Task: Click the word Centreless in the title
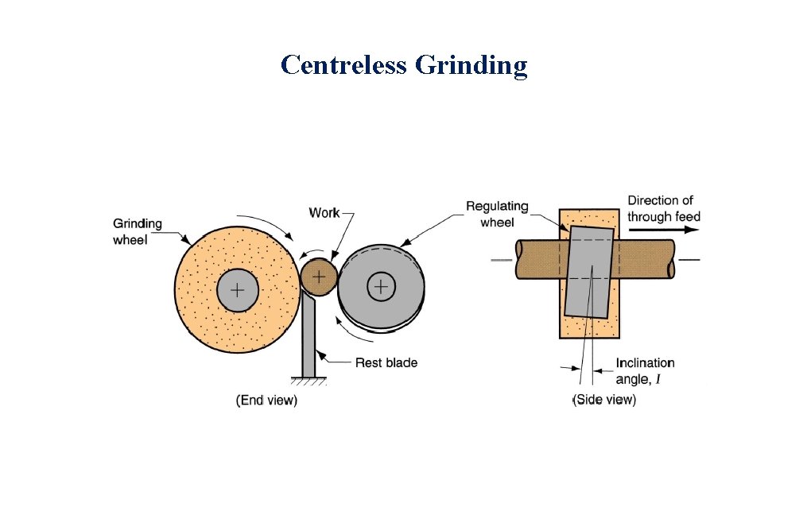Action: click(343, 64)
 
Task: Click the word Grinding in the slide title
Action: click(471, 66)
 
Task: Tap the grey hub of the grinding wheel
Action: click(237, 290)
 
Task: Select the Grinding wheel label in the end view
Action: click(137, 230)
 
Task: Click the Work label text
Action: click(324, 212)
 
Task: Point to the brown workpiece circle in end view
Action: click(318, 277)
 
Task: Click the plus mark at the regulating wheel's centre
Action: click(382, 286)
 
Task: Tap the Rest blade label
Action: click(386, 362)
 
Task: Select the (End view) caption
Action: click(266, 401)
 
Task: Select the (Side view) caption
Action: click(604, 400)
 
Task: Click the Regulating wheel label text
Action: click(497, 215)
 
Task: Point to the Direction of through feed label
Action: click(663, 208)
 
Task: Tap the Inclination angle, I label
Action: click(645, 370)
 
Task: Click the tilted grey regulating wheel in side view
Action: click(589, 270)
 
